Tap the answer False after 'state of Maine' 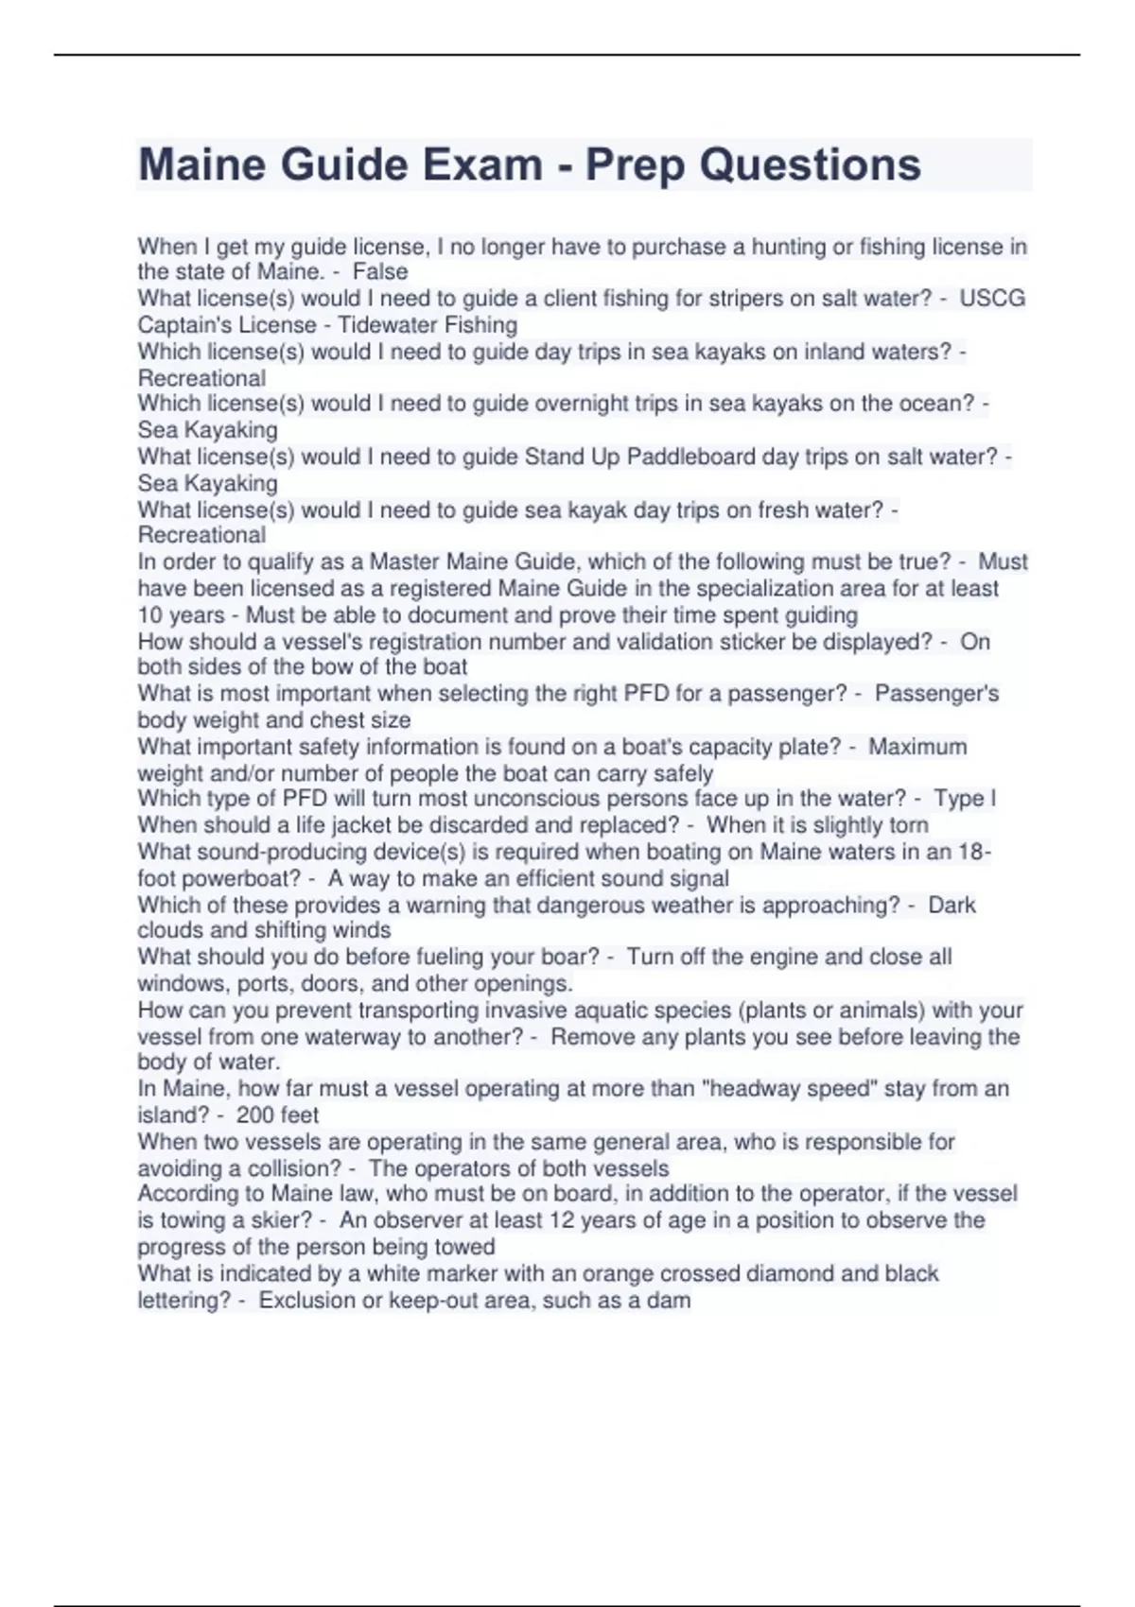(380, 272)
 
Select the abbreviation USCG (992, 299)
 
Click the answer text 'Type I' (965, 799)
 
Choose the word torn (908, 825)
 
